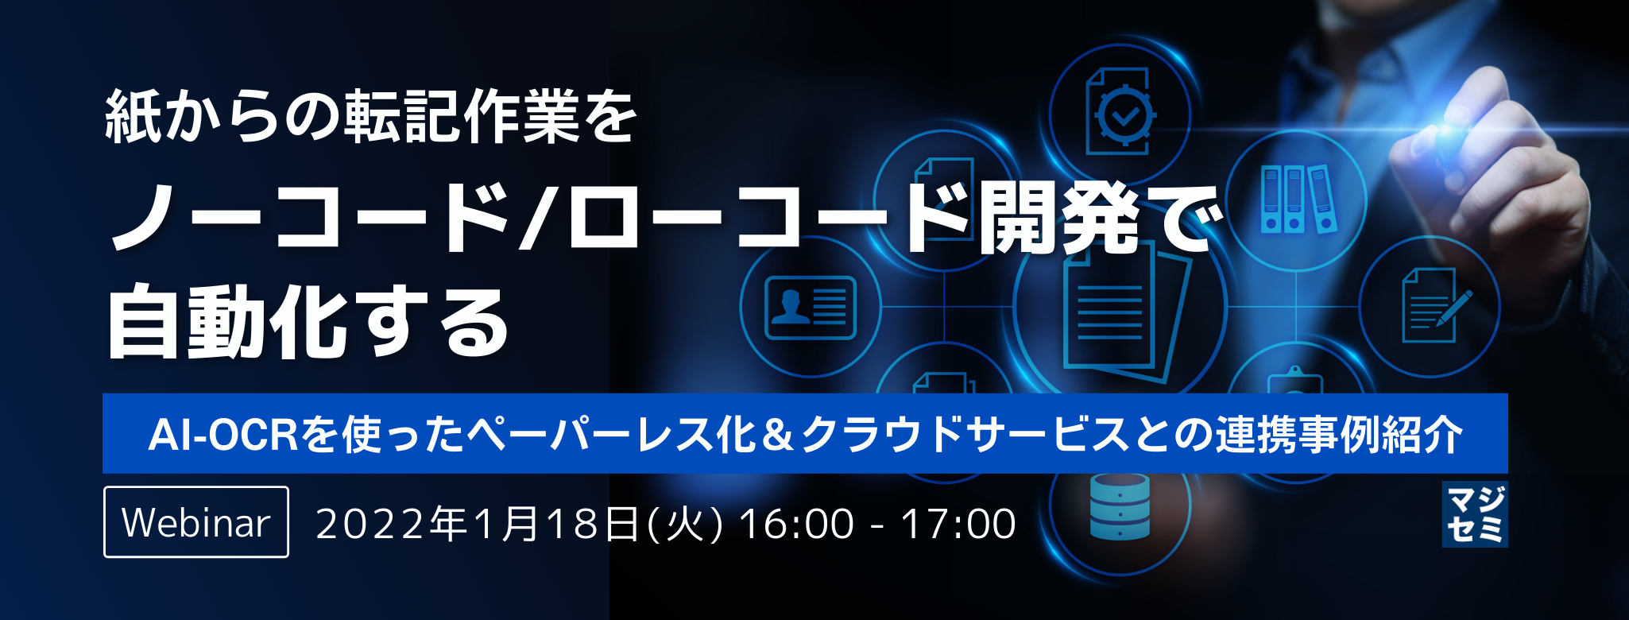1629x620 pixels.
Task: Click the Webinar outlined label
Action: [x=196, y=522]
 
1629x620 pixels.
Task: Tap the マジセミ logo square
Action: [x=1475, y=514]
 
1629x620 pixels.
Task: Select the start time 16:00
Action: [x=797, y=524]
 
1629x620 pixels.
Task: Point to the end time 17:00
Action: [x=958, y=524]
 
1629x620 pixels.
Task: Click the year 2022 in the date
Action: [x=371, y=524]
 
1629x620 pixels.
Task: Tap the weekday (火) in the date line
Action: [x=685, y=524]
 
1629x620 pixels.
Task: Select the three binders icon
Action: [x=1297, y=199]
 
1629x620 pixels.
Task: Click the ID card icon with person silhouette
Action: [x=810, y=307]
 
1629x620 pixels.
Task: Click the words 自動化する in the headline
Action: [x=308, y=322]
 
